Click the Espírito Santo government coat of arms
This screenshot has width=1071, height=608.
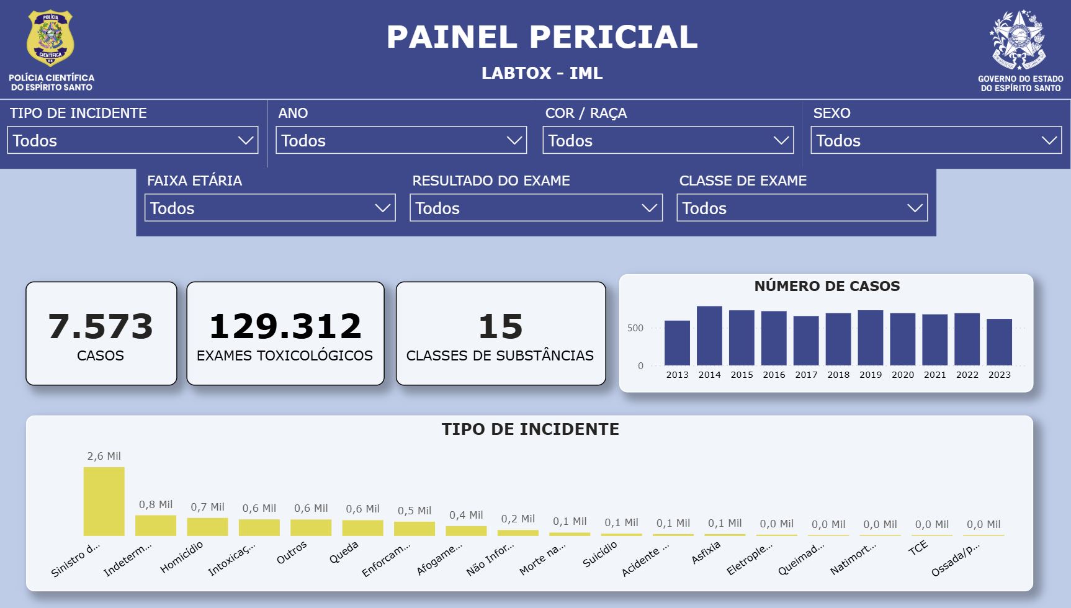(x=1020, y=40)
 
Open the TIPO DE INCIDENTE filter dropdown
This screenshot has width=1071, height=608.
(x=133, y=140)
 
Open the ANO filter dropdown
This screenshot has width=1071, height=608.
(x=401, y=140)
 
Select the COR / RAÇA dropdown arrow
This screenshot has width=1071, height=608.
(x=781, y=140)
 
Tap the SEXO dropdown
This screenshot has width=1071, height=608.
(x=936, y=140)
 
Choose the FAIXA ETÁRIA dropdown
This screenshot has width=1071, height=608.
(x=270, y=208)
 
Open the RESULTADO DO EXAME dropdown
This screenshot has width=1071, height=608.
(x=535, y=208)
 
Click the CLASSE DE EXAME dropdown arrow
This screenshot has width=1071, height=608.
(x=915, y=208)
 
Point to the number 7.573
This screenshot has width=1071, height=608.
(x=101, y=326)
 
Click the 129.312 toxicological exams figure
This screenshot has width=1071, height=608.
(x=285, y=326)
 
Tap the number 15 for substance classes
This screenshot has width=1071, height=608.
(x=500, y=326)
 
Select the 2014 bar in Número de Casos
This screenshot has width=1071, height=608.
(x=709, y=336)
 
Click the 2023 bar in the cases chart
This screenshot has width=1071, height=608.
(x=999, y=342)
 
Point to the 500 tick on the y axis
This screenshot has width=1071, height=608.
(x=635, y=328)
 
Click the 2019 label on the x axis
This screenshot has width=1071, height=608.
(x=871, y=375)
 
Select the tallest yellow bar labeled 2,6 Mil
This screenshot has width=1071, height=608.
(x=104, y=501)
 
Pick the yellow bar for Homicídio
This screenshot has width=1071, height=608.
(x=207, y=527)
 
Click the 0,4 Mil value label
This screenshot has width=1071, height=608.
(x=466, y=515)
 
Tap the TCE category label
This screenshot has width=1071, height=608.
(x=918, y=548)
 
